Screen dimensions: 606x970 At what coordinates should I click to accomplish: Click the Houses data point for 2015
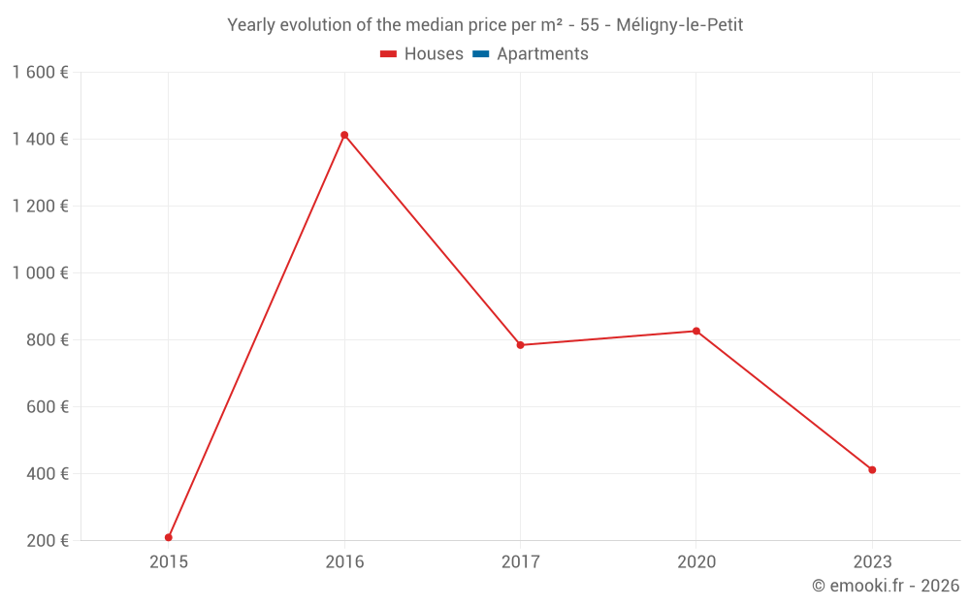(169, 537)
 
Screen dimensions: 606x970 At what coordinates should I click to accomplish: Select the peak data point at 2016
(344, 135)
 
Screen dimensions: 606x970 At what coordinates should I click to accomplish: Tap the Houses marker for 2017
(520, 345)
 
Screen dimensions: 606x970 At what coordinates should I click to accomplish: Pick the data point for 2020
(696, 331)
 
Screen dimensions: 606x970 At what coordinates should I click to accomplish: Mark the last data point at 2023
(872, 470)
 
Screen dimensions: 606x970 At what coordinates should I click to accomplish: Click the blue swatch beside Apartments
(480, 54)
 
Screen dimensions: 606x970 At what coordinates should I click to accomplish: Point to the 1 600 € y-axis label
(40, 73)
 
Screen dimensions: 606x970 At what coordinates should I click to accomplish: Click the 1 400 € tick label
(40, 140)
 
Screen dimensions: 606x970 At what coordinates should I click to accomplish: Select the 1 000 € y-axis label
(40, 273)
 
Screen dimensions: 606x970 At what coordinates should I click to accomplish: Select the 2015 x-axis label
(169, 562)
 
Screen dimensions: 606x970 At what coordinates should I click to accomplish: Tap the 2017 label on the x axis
(520, 562)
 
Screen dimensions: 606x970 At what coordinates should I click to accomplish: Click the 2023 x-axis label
(872, 562)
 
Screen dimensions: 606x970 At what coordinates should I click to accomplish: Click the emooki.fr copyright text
(885, 586)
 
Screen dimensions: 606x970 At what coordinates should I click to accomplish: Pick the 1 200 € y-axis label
(40, 207)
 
